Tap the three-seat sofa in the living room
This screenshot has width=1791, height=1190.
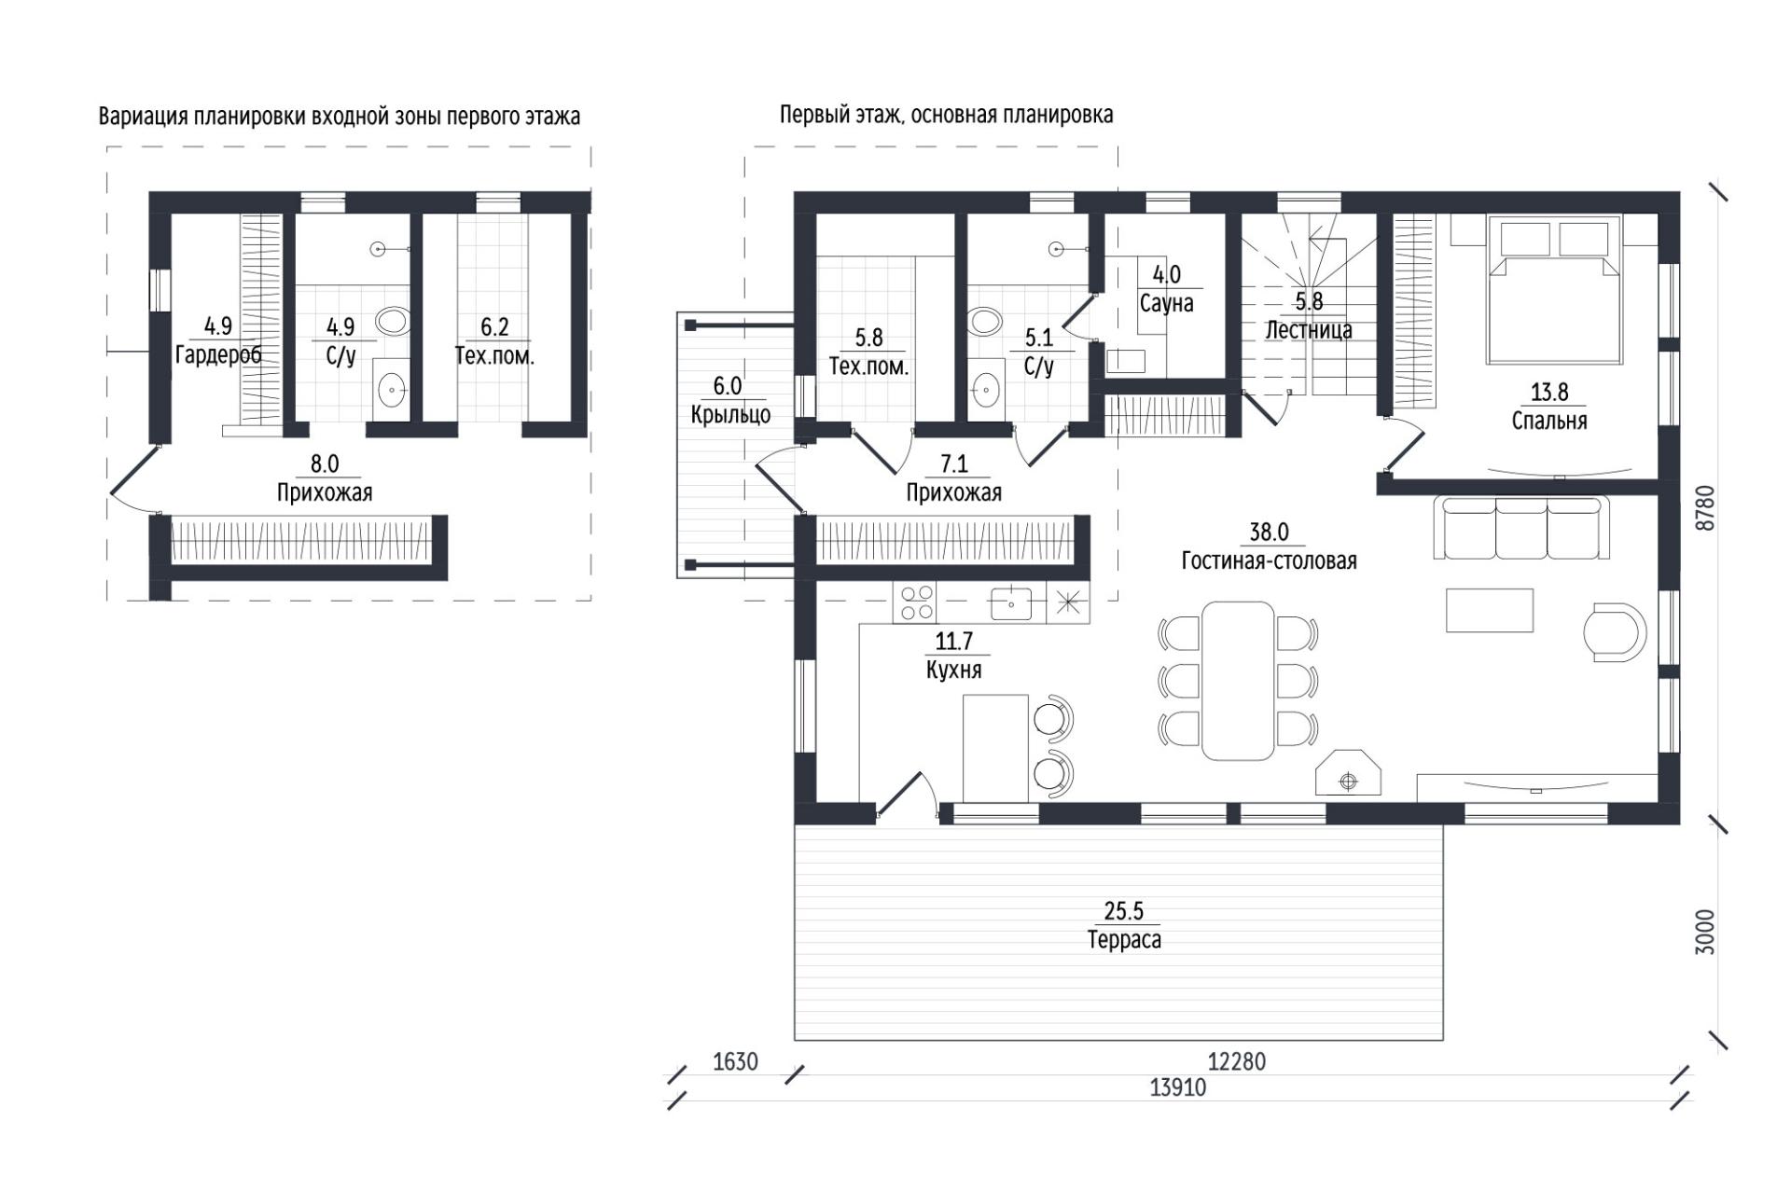point(1522,528)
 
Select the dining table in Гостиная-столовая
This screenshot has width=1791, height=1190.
point(1238,680)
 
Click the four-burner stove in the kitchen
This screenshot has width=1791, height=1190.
point(915,602)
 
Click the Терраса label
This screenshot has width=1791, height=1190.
point(1124,939)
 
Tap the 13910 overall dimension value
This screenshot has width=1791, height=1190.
point(1178,1087)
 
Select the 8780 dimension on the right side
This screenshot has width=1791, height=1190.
point(1704,508)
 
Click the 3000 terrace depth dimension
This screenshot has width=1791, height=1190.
point(1704,931)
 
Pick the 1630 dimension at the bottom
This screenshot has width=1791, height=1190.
point(735,1061)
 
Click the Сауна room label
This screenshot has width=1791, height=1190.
point(1166,303)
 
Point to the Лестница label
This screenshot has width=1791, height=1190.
point(1309,329)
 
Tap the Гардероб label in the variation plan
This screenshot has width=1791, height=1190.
point(218,354)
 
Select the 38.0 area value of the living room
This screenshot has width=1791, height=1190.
point(1269,533)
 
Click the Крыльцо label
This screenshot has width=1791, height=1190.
point(730,414)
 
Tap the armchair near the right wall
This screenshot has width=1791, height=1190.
point(1616,632)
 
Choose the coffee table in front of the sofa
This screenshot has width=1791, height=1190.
point(1490,610)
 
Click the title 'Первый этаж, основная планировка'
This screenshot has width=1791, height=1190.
point(946,116)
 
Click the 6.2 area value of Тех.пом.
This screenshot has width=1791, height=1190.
point(494,327)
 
